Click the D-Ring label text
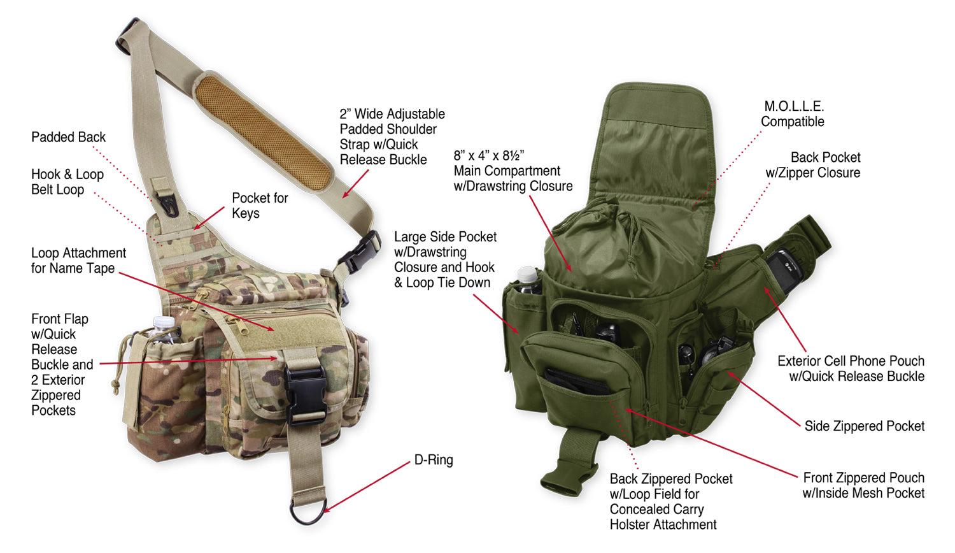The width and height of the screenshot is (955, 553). coord(434,460)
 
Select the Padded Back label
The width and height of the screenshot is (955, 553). coord(68,137)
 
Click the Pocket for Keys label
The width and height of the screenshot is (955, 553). coord(259,205)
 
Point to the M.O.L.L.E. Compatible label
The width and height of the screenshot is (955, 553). coord(793,114)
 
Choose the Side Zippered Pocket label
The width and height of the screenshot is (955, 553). coord(864,426)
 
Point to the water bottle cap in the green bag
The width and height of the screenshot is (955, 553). coord(528,274)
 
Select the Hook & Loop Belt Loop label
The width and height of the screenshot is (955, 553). coord(67,182)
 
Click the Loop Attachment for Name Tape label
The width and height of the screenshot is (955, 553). coord(78,261)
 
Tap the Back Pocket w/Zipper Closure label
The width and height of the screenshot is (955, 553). coord(813,165)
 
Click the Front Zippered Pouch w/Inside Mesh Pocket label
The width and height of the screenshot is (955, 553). coord(863,485)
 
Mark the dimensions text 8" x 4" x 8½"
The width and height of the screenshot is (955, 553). coord(488,155)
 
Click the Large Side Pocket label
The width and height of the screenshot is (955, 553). coord(445,259)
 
